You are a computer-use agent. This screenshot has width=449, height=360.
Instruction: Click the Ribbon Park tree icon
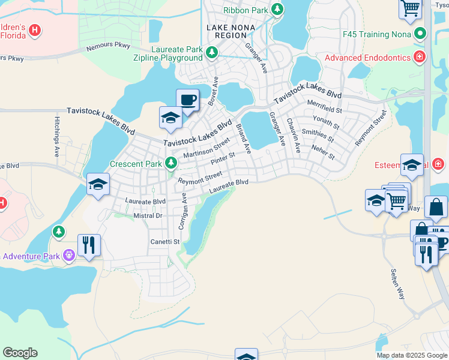(x=277, y=10)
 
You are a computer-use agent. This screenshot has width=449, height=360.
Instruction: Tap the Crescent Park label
(x=136, y=163)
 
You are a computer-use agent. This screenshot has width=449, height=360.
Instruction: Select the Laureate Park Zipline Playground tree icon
(x=211, y=53)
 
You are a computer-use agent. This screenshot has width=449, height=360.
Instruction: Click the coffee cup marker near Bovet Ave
(x=187, y=100)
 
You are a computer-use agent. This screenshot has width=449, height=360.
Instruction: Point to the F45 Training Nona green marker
(x=421, y=34)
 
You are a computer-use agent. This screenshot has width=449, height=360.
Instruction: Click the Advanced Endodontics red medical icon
(x=420, y=58)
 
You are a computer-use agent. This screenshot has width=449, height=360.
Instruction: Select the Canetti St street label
(x=165, y=241)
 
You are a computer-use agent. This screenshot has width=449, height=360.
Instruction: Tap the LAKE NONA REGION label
(x=231, y=32)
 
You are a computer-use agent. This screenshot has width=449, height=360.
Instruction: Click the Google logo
(x=20, y=353)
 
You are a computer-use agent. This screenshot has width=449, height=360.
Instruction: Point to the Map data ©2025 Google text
(x=411, y=355)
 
